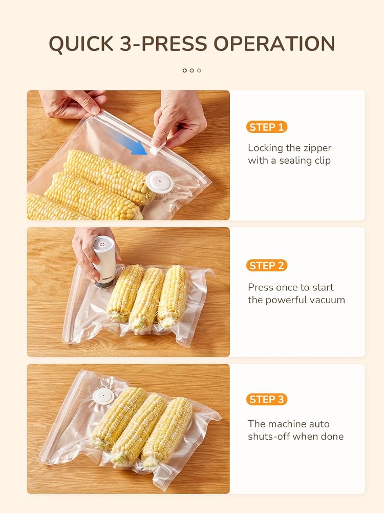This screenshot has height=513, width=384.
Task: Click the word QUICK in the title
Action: (81, 44)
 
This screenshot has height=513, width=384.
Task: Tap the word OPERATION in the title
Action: (274, 43)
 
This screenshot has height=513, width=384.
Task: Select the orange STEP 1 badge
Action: (267, 127)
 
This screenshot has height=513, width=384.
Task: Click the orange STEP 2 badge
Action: (267, 265)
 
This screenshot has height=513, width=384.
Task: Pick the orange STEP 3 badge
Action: (267, 399)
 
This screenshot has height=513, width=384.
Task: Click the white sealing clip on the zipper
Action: (154, 150)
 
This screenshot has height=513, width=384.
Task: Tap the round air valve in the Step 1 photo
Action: (159, 181)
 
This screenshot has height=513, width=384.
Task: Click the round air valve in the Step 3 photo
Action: (103, 396)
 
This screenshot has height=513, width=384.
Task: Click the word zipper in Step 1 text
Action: (317, 148)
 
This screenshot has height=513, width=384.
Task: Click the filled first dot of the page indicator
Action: (184, 70)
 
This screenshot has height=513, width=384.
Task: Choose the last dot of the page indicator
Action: (199, 70)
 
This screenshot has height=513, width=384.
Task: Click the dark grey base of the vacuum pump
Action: (104, 284)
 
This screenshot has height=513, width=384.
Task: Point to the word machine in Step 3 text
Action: (289, 424)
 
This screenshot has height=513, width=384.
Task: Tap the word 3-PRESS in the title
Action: (164, 43)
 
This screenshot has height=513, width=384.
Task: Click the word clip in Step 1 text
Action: (324, 161)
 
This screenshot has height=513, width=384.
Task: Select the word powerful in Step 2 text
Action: (283, 300)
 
